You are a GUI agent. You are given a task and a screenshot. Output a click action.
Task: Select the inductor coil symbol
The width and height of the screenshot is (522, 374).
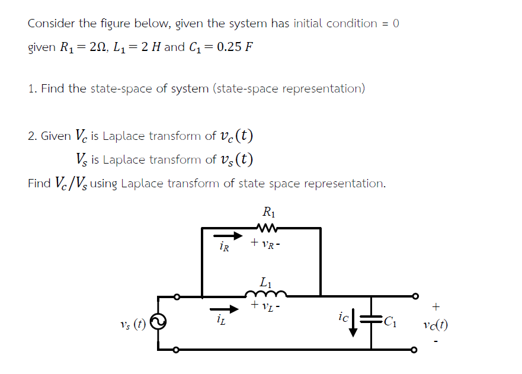click(x=265, y=293)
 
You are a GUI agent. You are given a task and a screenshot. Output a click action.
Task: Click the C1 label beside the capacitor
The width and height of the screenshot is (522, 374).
click(x=392, y=322)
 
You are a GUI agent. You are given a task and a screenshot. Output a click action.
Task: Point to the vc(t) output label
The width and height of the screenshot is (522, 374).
click(x=435, y=325)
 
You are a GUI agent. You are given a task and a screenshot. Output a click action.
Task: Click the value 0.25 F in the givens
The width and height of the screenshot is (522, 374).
click(x=235, y=47)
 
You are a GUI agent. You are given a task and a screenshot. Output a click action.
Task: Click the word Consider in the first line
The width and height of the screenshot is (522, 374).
click(x=52, y=24)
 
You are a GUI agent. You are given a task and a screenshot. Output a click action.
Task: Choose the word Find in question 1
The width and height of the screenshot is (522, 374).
click(x=52, y=89)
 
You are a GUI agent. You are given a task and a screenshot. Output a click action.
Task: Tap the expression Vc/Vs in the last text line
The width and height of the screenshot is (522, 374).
click(x=71, y=183)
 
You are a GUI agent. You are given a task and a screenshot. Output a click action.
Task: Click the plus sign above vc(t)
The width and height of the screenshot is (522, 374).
click(x=436, y=307)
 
